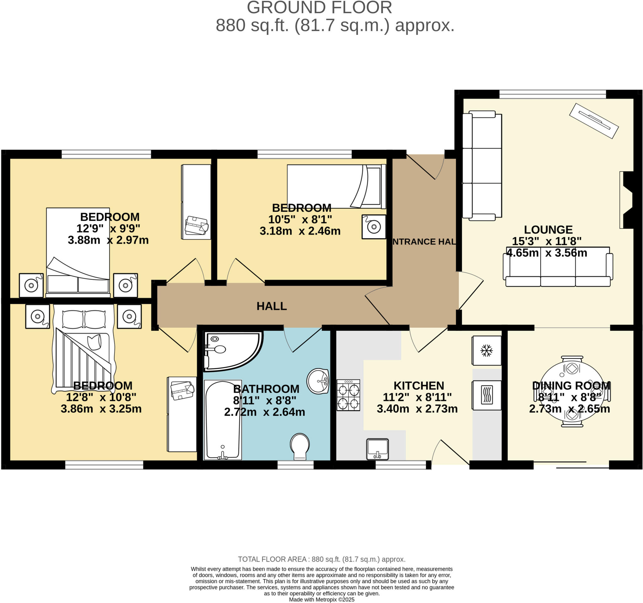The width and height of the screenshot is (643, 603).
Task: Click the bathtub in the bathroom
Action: (x=223, y=419)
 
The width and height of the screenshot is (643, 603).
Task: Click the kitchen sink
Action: (x=377, y=449)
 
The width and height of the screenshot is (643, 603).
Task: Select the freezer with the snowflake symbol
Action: (x=486, y=351)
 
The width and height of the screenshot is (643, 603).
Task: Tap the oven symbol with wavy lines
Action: (x=486, y=395)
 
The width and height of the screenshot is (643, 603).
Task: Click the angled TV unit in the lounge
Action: (x=594, y=121)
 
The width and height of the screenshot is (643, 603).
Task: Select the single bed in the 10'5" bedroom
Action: (x=336, y=186)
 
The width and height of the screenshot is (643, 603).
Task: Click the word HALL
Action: (x=272, y=306)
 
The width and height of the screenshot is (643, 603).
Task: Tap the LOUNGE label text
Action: (x=548, y=229)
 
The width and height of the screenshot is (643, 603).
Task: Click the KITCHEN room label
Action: (x=419, y=386)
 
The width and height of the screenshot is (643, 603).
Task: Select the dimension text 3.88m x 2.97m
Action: (x=108, y=240)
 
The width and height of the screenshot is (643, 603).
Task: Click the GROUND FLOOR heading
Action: (x=319, y=8)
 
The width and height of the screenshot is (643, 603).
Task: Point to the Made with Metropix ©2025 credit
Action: (x=321, y=600)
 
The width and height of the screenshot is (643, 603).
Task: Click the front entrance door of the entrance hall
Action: (x=425, y=166)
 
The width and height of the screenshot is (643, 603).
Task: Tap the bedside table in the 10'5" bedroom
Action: (x=374, y=227)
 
